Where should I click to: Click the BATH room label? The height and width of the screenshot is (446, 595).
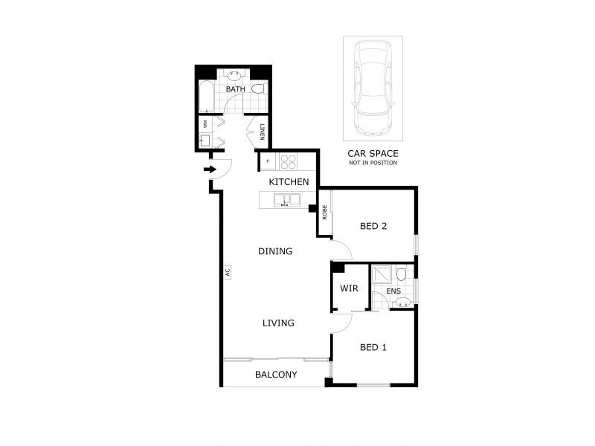pos(235,90)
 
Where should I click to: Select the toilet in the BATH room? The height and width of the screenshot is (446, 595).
pos(258,89)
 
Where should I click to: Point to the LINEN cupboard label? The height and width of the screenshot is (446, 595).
pos(262,133)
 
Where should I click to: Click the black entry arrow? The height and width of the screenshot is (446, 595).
pos(210,170)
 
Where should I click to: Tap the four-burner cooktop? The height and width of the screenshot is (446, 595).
pos(287,160)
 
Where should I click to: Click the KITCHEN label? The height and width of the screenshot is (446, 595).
pos(289,182)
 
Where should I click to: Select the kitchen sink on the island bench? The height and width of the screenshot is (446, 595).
pos(286,199)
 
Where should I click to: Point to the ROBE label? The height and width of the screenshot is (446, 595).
pos(325,213)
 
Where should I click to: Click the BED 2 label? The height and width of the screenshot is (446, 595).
pos(373,227)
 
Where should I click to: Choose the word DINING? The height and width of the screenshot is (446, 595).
pos(275,251)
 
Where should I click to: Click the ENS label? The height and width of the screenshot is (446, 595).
pos(393,291)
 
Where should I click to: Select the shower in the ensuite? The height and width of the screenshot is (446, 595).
pos(381,274)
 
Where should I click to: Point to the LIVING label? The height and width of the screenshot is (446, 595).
pos(278,323)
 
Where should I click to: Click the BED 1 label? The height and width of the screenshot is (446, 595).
pos(373,347)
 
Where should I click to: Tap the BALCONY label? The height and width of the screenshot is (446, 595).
pos(276,375)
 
